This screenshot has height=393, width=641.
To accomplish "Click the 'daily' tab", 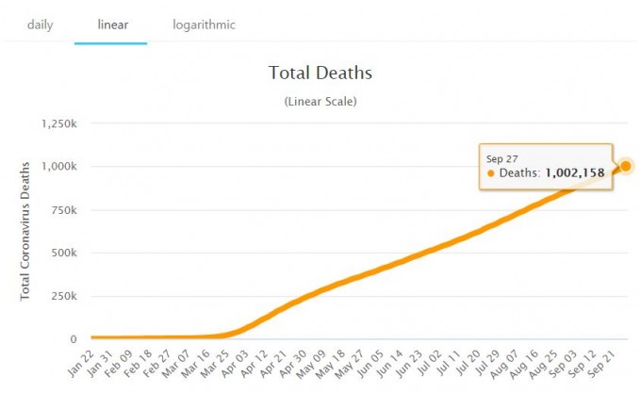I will [x=40, y=25].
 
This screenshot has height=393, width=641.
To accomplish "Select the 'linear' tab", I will [x=112, y=25].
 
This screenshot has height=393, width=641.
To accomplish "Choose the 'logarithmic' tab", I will [x=204, y=25].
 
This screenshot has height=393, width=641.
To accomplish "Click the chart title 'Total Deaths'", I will [x=320, y=73].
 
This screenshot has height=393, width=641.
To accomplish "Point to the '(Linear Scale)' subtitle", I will [x=320, y=101].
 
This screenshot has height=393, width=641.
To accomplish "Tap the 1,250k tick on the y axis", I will [x=58, y=123].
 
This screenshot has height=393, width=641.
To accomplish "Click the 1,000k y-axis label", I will [x=58, y=167].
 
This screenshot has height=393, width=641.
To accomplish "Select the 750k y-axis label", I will [x=64, y=210].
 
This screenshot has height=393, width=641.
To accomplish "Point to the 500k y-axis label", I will [x=64, y=253].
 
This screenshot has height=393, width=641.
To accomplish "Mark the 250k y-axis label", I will [x=64, y=296].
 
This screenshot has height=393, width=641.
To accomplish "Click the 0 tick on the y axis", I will [x=74, y=339].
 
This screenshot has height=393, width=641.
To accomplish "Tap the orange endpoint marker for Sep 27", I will [x=626, y=166].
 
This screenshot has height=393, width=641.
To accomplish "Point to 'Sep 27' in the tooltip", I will [x=501, y=157].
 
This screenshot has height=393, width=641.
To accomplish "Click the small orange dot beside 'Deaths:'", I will [x=490, y=173].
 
